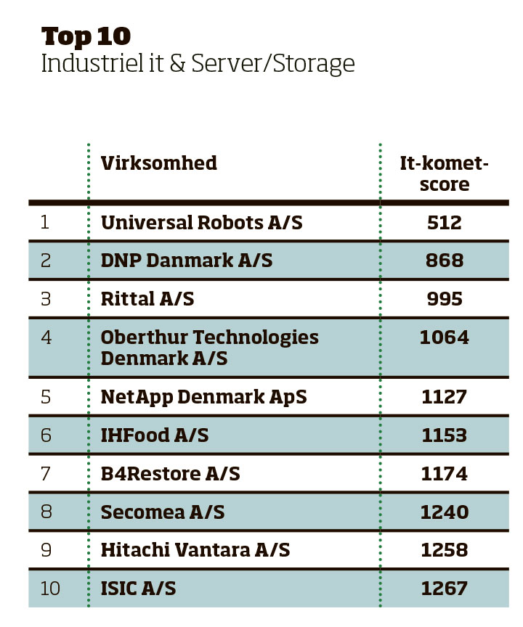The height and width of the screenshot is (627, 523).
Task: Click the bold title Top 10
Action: (86, 36)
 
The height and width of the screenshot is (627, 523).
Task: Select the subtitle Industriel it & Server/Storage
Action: (198, 64)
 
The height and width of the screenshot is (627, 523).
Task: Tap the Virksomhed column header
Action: (158, 163)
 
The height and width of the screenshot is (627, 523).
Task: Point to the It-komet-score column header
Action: (444, 173)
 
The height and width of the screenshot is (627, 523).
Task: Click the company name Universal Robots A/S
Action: (201, 222)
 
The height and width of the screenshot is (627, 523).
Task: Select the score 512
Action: (445, 222)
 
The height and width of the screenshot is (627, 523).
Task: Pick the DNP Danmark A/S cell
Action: (187, 260)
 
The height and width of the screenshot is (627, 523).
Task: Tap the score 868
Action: (445, 260)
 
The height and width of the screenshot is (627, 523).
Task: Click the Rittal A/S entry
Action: (147, 298)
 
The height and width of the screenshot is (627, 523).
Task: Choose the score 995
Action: (445, 298)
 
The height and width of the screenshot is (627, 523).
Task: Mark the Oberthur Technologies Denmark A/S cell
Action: (209, 348)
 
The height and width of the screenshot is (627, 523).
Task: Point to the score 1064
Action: (445, 337)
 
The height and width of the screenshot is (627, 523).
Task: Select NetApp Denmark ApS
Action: (203, 397)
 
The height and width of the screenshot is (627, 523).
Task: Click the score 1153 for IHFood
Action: (445, 435)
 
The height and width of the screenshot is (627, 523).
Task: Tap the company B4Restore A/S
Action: (170, 474)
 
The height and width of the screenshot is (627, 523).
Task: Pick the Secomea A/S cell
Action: (163, 512)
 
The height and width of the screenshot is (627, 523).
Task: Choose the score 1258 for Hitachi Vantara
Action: (445, 550)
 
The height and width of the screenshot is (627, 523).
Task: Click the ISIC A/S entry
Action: (138, 589)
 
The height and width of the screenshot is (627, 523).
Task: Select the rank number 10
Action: (50, 589)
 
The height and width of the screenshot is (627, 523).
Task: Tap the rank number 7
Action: (46, 474)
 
